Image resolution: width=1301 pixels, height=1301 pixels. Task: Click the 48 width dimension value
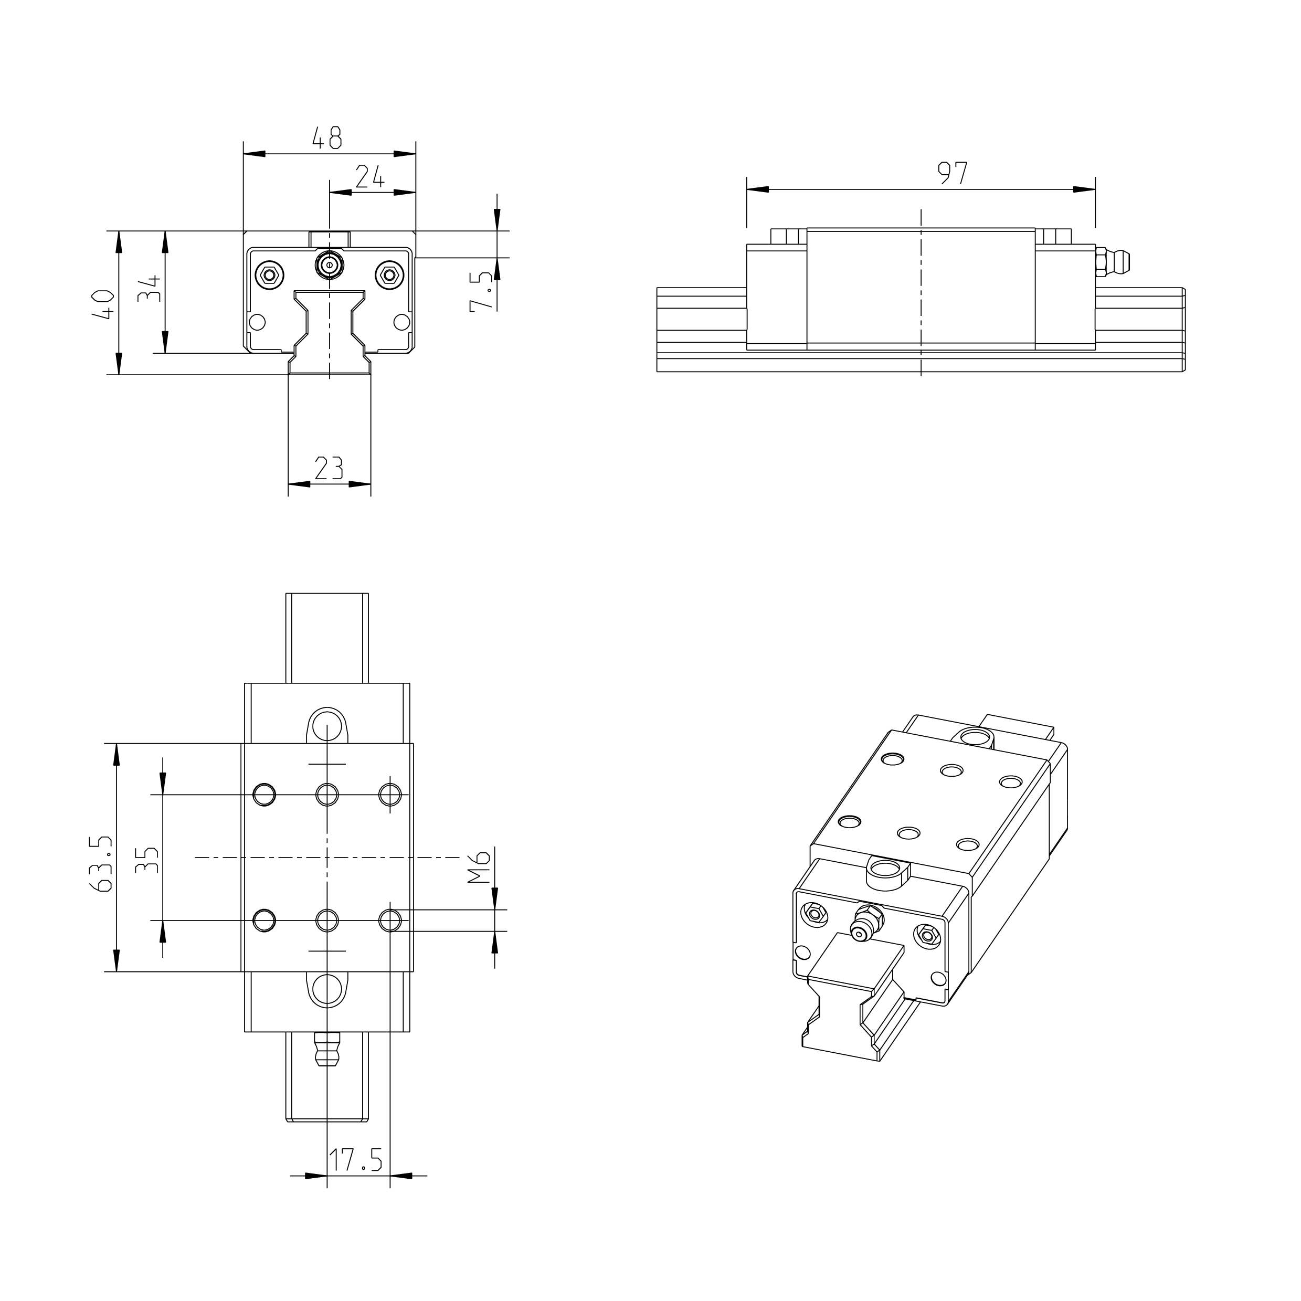click(x=327, y=138)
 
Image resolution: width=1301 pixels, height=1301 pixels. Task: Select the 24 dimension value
click(x=369, y=177)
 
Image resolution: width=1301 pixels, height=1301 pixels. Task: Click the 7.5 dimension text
click(x=481, y=291)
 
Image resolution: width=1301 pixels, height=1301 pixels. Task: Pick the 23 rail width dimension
click(x=329, y=468)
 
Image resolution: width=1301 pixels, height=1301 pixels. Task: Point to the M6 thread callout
click(x=480, y=866)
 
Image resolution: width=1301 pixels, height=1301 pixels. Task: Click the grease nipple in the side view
click(x=1113, y=262)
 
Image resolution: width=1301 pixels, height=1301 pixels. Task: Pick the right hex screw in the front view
click(x=388, y=274)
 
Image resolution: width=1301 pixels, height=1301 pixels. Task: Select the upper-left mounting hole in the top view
click(x=265, y=795)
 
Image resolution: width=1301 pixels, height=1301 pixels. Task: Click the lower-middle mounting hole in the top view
click(x=327, y=920)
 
